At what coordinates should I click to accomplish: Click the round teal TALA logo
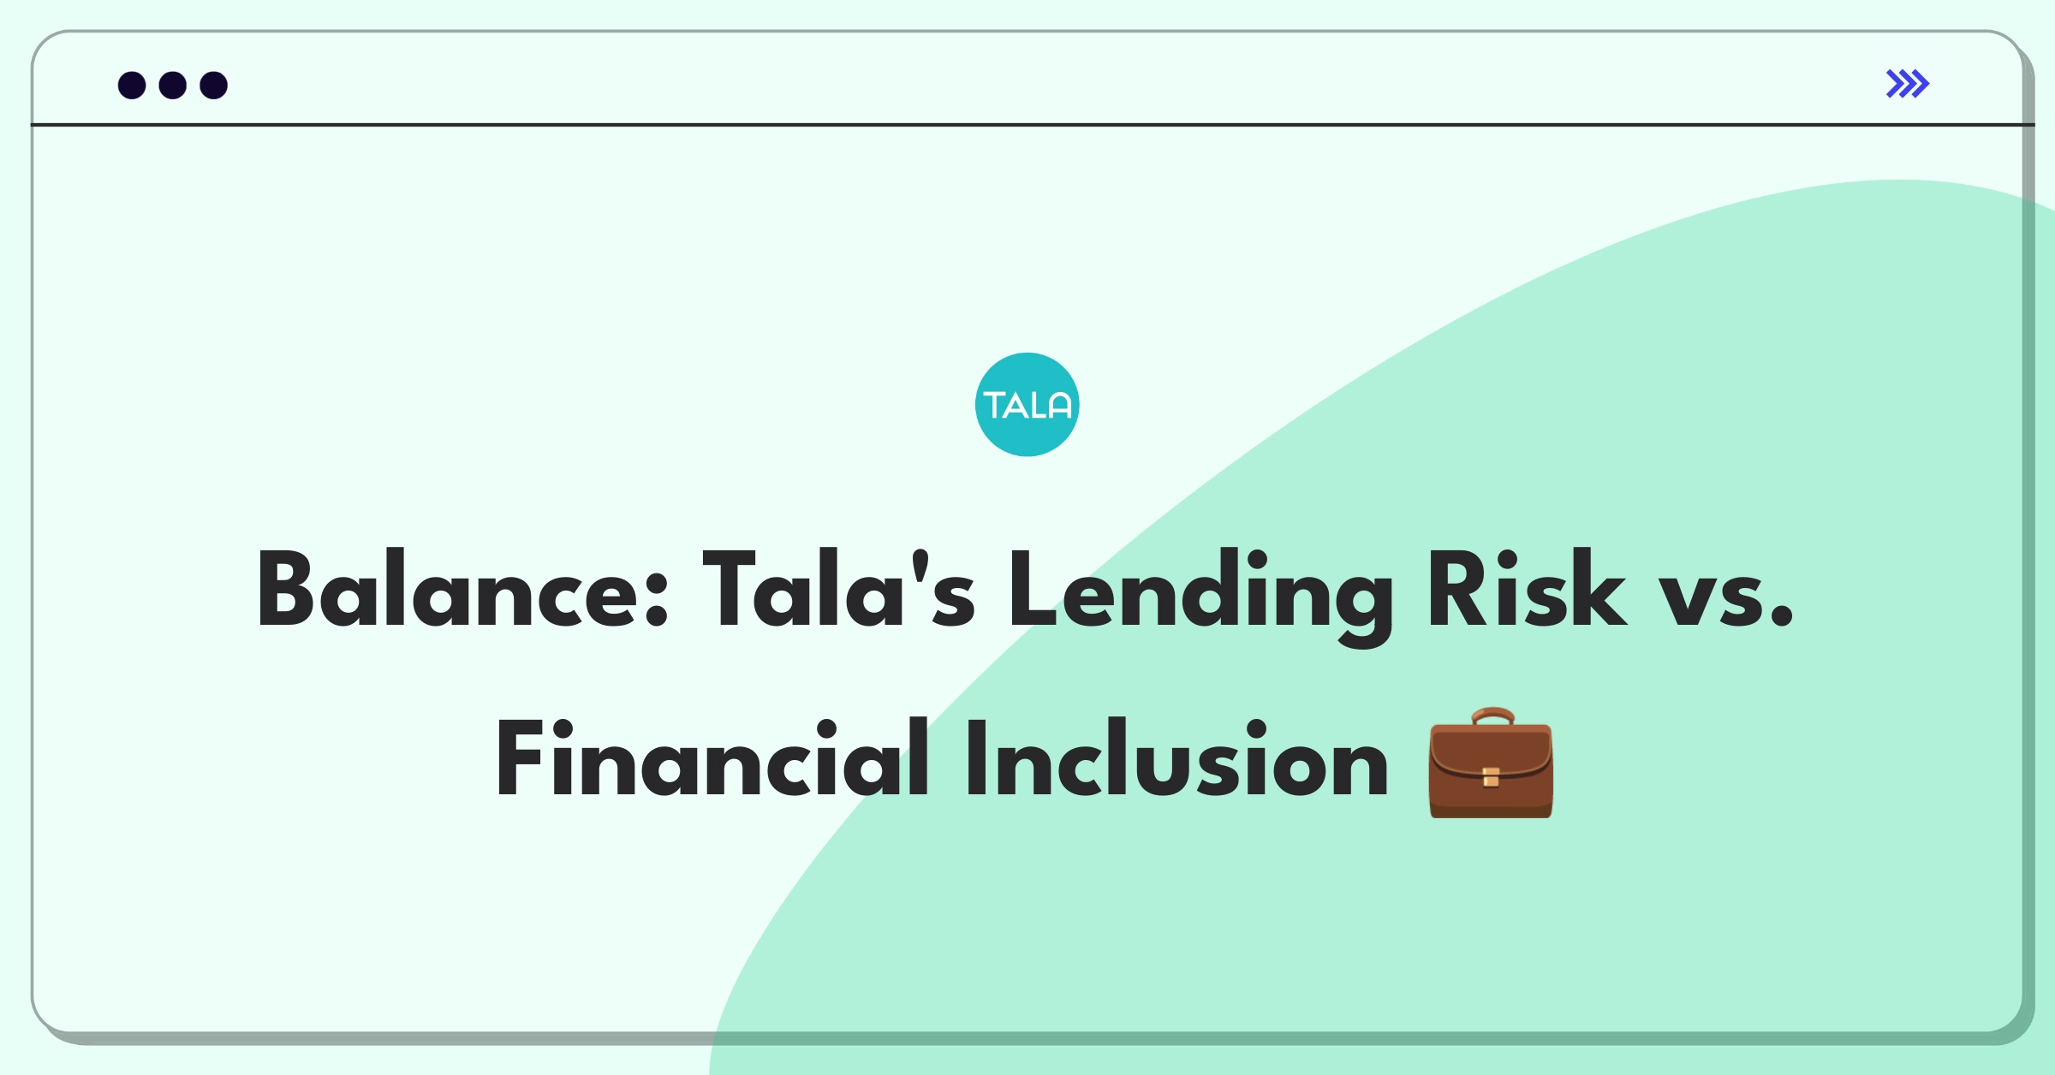click(1027, 405)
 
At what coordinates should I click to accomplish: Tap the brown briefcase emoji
click(1491, 763)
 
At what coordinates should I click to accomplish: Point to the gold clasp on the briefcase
click(1491, 777)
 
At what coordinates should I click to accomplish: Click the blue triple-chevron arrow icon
click(1907, 84)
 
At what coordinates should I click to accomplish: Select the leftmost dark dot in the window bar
click(132, 86)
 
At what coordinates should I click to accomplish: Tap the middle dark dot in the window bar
click(173, 86)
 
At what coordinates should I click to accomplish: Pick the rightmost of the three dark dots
click(214, 86)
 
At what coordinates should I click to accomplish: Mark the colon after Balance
click(656, 599)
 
